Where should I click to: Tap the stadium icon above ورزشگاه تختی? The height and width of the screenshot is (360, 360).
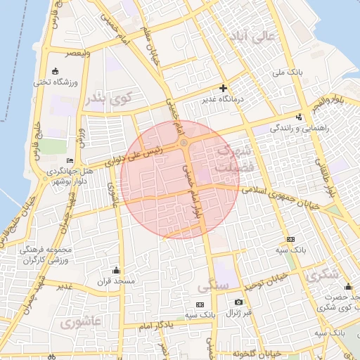click(55, 71)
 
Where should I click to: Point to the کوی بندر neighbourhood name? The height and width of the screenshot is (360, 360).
click(108, 99)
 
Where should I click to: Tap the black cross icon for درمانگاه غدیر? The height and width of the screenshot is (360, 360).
click(223, 89)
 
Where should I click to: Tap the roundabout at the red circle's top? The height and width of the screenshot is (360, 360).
click(184, 143)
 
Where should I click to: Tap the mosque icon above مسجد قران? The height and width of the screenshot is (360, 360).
click(116, 270)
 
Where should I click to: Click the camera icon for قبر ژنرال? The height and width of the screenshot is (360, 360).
click(238, 302)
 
